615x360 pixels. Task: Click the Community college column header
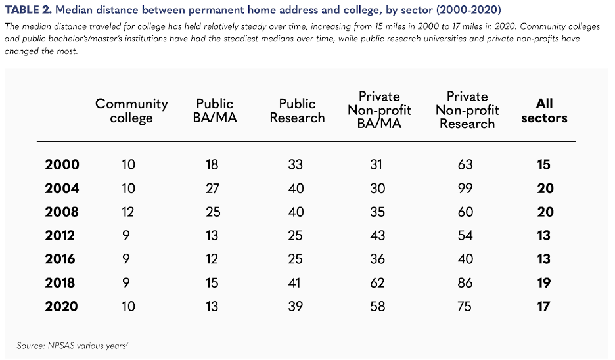point(131,110)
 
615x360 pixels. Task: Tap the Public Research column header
point(298,110)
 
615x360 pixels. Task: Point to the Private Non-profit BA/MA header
point(379,110)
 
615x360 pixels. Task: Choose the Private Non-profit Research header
point(467,110)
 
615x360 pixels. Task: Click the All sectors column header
point(544,110)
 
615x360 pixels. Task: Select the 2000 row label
point(62,165)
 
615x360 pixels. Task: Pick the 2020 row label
point(62,307)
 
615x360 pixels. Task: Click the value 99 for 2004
point(465,189)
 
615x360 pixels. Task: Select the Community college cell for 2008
point(128,212)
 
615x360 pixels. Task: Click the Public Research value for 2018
point(296,283)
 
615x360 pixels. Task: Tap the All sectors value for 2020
point(544,307)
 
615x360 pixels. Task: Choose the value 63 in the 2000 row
point(465,165)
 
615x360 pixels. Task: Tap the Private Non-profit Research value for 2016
point(465,259)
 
